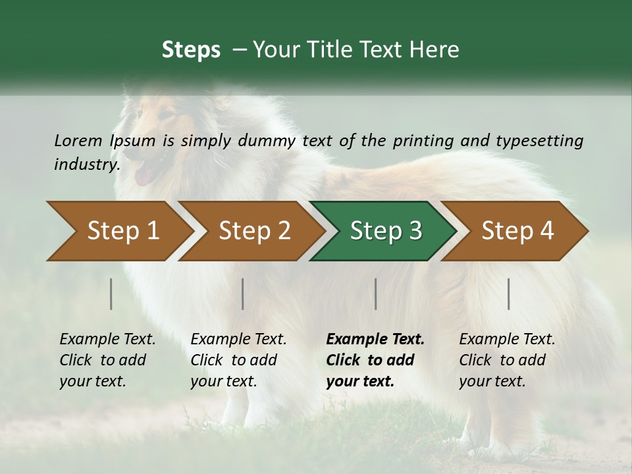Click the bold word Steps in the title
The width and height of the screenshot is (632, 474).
pyautogui.click(x=191, y=50)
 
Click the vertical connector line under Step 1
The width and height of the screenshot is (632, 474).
pyautogui.click(x=111, y=294)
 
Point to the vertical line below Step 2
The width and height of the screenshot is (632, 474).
pyautogui.click(x=243, y=294)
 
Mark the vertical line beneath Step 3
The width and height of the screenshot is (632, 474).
pyautogui.click(x=375, y=294)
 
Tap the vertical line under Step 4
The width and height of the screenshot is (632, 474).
pyautogui.click(x=508, y=294)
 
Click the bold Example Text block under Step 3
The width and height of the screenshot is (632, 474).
pyautogui.click(x=375, y=360)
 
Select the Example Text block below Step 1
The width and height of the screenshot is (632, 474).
pyautogui.click(x=108, y=360)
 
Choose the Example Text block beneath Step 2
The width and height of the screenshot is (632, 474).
pyautogui.click(x=239, y=360)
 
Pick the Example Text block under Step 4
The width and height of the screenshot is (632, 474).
pyautogui.click(x=507, y=360)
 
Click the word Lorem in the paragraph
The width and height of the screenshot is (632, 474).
pyautogui.click(x=78, y=140)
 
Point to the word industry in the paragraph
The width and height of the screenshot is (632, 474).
pyautogui.click(x=86, y=164)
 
